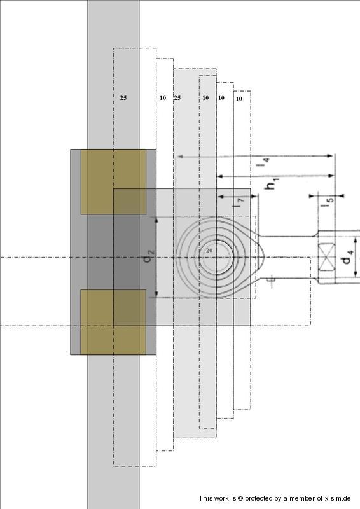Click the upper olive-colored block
[113, 182]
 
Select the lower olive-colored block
[113, 322]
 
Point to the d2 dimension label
[148, 256]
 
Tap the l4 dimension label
[263, 162]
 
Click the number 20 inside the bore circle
[209, 250]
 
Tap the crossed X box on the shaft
[326, 257]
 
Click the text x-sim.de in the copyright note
[338, 498]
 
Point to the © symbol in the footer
[240, 498]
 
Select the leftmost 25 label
[123, 98]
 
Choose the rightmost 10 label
[239, 99]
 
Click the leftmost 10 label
[163, 98]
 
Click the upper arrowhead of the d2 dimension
[156, 219]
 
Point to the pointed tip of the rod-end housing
[265, 257]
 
